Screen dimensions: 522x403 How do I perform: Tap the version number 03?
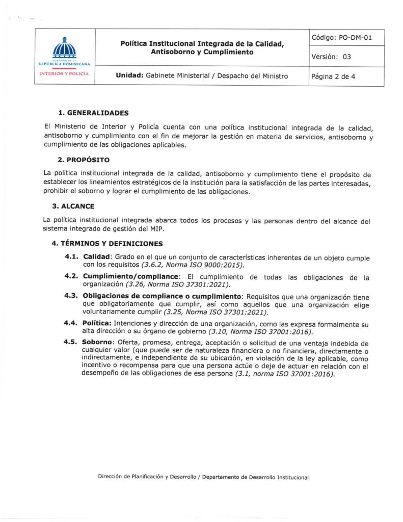click(x=346, y=57)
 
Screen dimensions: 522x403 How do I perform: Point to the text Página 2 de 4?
click(x=333, y=76)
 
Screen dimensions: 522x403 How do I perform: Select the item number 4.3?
click(x=72, y=296)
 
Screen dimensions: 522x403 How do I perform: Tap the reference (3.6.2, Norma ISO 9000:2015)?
click(x=196, y=265)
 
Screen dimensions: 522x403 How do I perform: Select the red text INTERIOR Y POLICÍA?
click(x=64, y=73)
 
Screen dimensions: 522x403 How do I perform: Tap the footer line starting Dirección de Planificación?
click(x=203, y=478)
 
